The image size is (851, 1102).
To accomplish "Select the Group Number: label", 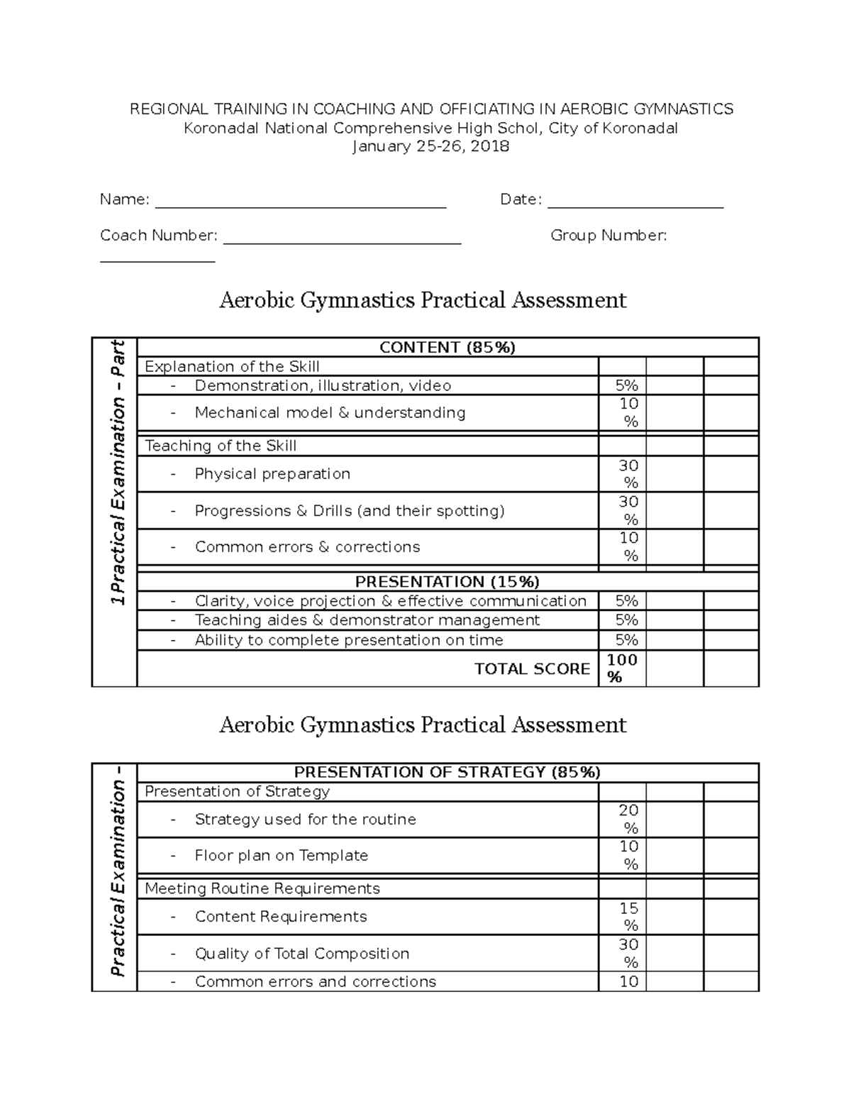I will pos(608,236).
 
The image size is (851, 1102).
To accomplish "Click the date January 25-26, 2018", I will pos(430,147).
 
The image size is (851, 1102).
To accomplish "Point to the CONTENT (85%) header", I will pos(447,347).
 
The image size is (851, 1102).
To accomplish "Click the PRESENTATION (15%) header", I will pos(447,582).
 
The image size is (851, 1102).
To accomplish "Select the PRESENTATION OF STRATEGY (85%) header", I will pos(447,772).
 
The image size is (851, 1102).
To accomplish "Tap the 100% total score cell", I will pos(622,668).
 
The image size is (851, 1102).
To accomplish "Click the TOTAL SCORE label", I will pos(532,668).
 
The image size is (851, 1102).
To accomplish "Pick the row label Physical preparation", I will pos(272,474).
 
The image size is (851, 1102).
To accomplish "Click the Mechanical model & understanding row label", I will pos(330,413).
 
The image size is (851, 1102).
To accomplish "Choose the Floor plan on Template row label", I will pos(281,856).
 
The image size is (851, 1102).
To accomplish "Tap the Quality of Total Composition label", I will pos(301,954).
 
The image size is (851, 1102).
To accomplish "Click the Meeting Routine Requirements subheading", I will pos(262,888).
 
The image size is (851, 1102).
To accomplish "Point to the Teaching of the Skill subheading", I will pos(221,446).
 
